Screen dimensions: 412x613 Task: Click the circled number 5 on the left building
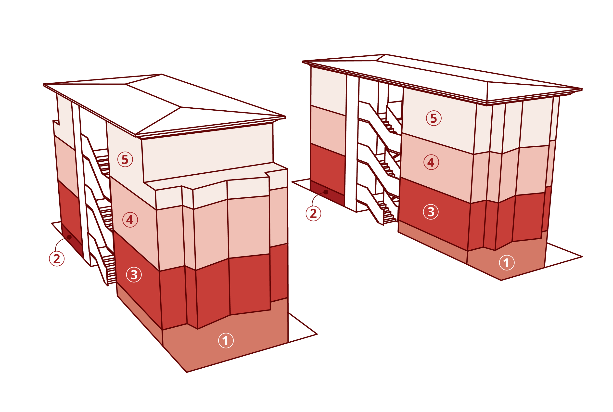125,160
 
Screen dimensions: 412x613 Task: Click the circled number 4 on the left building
130,220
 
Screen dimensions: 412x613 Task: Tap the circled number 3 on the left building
134,275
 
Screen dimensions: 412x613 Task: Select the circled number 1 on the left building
226,341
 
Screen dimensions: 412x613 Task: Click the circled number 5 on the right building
434,118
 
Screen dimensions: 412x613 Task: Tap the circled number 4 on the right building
431,163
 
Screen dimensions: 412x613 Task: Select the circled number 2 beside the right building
313,214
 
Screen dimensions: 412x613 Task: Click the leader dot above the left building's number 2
69,237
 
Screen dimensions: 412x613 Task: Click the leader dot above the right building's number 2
326,192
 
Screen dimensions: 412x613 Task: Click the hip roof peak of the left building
181,107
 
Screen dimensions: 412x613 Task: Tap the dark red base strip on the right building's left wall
327,194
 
